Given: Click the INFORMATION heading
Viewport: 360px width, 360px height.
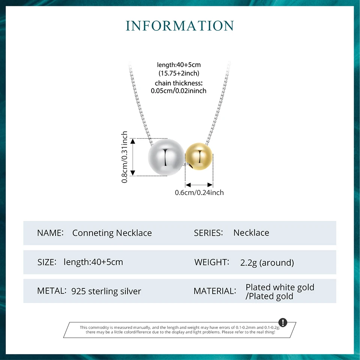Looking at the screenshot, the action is pos(180,25).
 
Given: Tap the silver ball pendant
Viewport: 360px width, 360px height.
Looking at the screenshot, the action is pos(166,157).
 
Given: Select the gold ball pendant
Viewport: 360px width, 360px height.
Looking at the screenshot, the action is pos(199,156).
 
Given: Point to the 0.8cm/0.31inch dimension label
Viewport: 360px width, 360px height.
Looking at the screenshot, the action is pos(124,157).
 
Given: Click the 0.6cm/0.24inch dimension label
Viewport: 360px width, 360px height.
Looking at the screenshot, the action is pos(199,192).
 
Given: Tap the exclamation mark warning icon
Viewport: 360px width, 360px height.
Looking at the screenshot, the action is pos(283,322).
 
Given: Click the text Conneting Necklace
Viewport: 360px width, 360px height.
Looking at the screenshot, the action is pos(112,233).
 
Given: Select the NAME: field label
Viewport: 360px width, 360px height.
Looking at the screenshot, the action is pos(50,233).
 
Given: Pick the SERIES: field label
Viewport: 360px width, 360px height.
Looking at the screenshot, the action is pos(208,233).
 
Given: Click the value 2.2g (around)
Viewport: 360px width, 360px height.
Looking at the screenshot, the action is pos(267,262).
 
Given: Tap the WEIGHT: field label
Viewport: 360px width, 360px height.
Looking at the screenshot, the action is pos(211,262).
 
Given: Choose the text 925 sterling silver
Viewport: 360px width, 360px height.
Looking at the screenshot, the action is pos(106,291).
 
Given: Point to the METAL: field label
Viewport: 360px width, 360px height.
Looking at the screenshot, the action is pos(52,291).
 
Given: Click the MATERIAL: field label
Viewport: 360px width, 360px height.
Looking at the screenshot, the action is pos(215,291).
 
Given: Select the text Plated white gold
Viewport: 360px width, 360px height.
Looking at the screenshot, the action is pos(280,287).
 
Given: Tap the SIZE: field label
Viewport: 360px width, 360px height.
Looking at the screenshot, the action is pos(47,262).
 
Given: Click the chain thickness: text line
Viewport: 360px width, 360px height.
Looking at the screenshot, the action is pos(178,83).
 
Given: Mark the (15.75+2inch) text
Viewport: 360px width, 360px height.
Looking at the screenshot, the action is pos(179,73).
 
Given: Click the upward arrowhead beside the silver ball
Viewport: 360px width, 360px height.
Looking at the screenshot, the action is pos(133,141).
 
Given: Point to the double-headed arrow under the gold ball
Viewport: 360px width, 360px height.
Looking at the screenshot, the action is pos(199,185).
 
